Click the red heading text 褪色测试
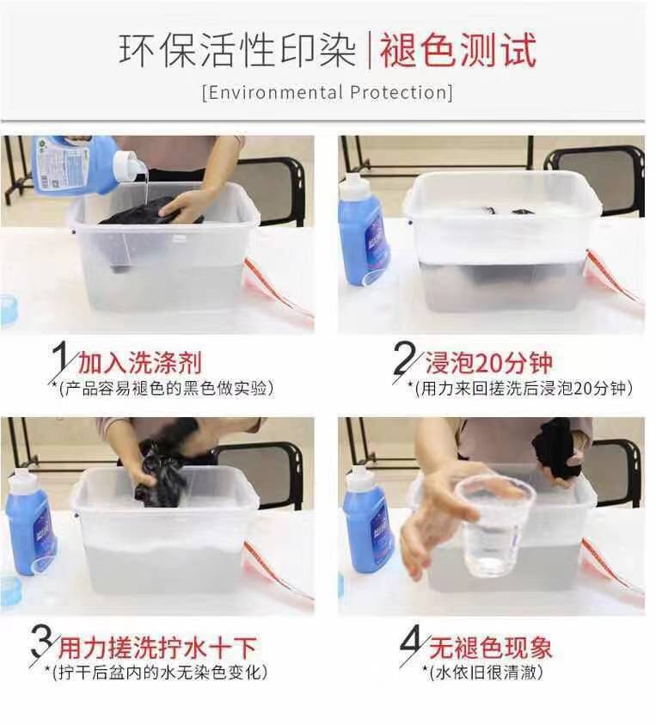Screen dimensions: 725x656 (x=458, y=50)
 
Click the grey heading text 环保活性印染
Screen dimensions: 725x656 (x=237, y=50)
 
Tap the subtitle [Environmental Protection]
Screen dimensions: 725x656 (x=327, y=92)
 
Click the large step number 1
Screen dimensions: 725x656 (x=59, y=359)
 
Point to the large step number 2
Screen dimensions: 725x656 (x=403, y=359)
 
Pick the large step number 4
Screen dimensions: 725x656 (x=412, y=643)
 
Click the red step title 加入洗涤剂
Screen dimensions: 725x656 (x=140, y=362)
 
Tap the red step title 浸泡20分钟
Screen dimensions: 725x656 (x=489, y=362)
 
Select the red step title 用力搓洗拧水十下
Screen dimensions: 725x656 (x=157, y=647)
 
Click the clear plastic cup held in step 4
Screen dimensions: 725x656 (x=494, y=526)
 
